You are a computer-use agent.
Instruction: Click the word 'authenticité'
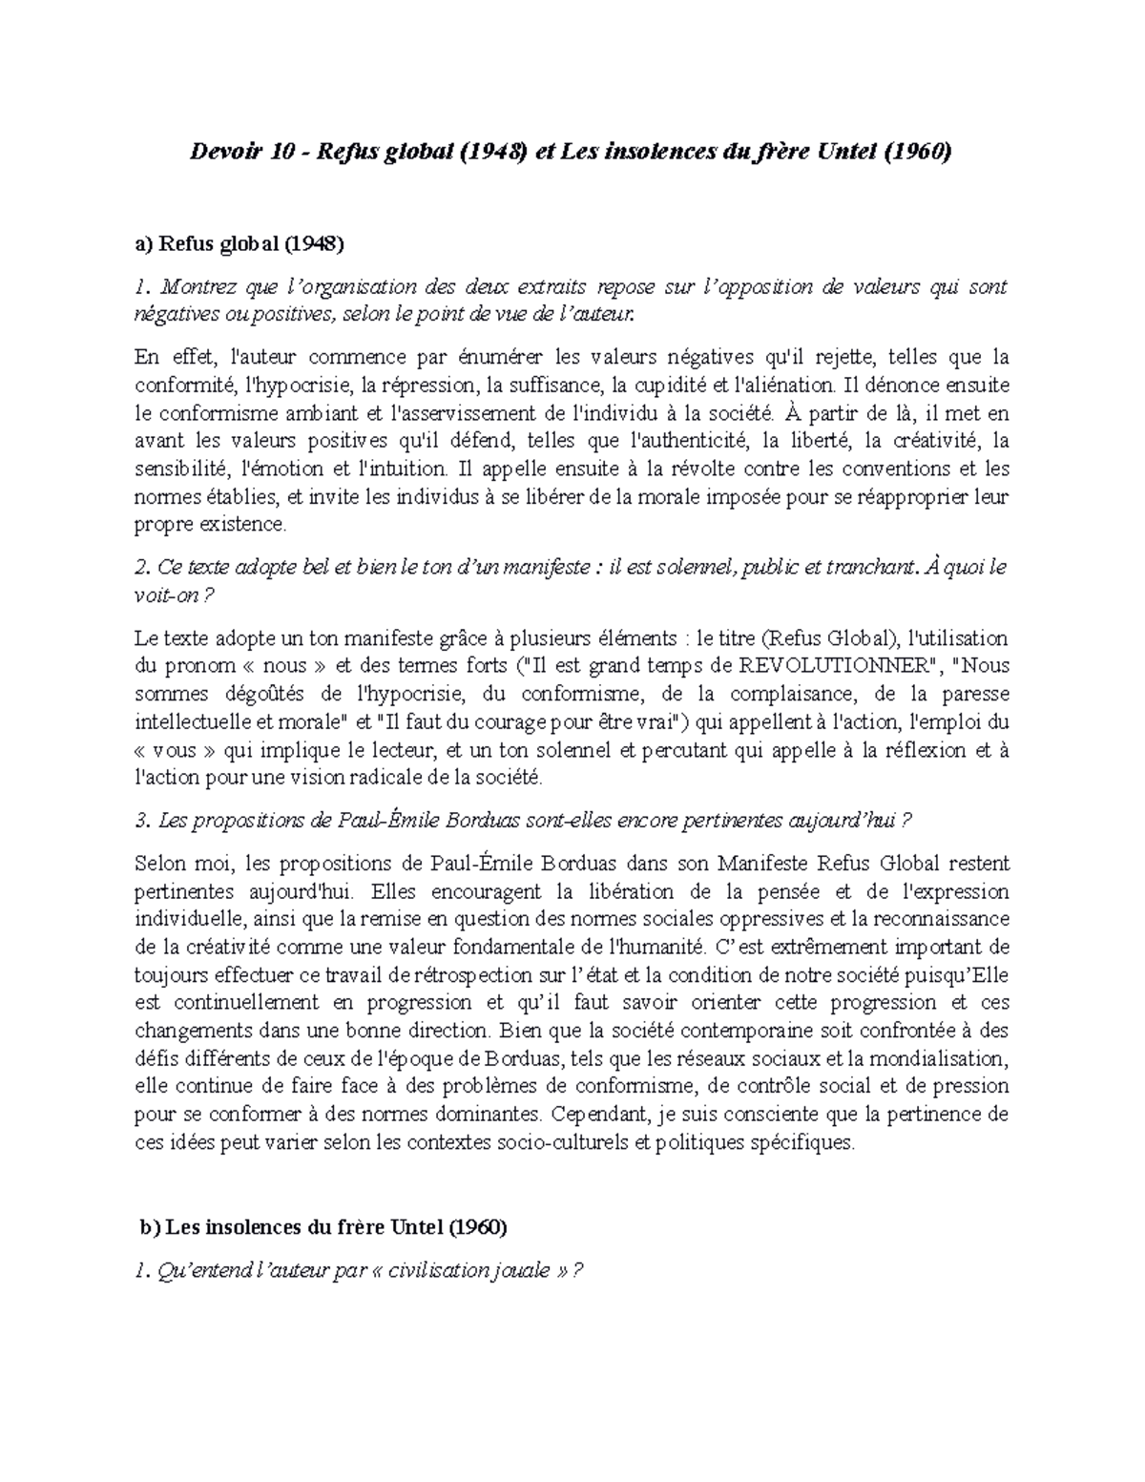coord(692,441)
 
